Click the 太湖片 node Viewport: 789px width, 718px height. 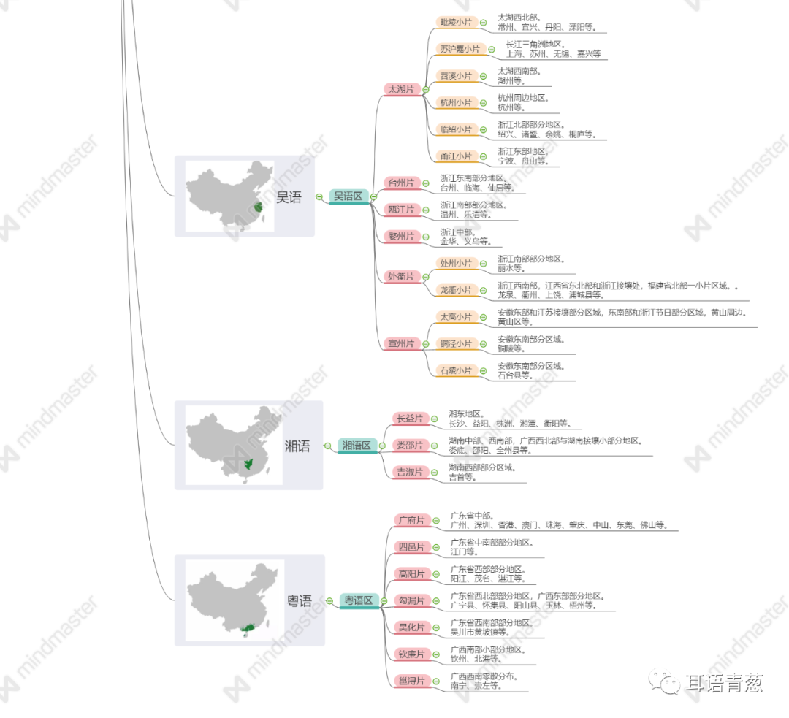point(400,89)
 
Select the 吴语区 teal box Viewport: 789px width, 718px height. point(348,196)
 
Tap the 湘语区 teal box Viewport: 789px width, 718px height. point(357,446)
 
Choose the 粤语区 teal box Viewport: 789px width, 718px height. point(358,600)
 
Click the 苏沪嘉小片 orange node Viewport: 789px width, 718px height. point(459,49)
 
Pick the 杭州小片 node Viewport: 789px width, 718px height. point(455,102)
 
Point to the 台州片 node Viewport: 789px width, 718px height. point(400,183)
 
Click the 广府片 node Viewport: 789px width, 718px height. point(410,520)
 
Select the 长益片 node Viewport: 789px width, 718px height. point(409,419)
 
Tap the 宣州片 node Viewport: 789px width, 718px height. point(400,343)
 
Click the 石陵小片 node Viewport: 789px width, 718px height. point(455,370)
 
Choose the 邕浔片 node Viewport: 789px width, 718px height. point(410,681)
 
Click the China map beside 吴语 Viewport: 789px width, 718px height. point(229,196)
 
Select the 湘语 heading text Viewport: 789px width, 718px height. point(297,446)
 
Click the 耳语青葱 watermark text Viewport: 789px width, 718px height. point(724,684)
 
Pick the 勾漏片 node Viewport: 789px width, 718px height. point(410,600)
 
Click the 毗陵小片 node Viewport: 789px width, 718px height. point(455,23)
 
